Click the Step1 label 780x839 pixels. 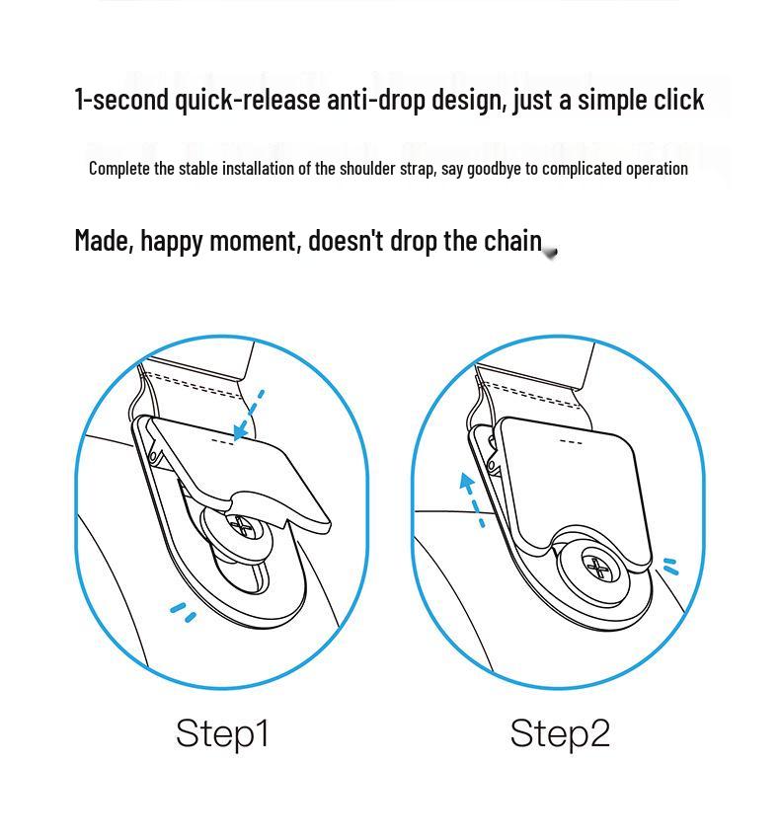(222, 733)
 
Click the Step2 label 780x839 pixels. (560, 733)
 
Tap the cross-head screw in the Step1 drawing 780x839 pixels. (243, 525)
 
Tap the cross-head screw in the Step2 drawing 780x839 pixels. (597, 569)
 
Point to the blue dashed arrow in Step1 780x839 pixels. (249, 416)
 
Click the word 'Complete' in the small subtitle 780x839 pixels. (119, 169)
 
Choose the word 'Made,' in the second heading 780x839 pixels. (105, 241)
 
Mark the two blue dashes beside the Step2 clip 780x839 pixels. (670, 567)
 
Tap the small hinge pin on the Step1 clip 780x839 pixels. (154, 456)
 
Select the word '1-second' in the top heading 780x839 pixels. (121, 100)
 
